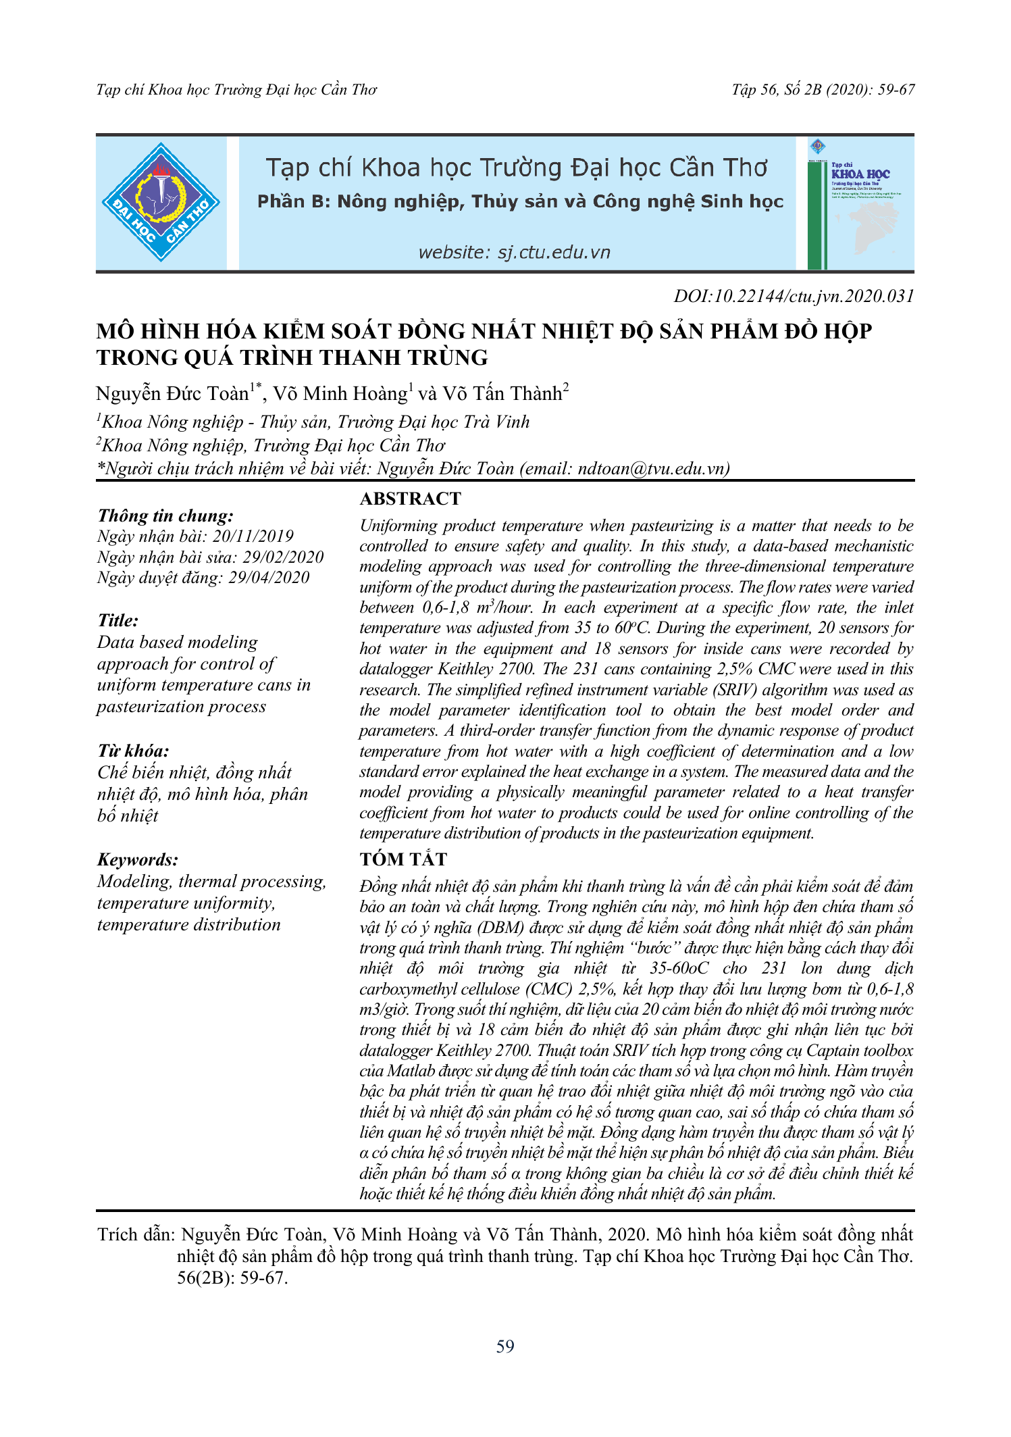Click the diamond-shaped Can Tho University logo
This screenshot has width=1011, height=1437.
click(x=161, y=202)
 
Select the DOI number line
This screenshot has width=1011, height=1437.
click(x=794, y=296)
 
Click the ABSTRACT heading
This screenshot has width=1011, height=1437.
click(x=410, y=499)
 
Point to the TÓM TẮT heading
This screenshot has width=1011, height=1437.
click(x=403, y=859)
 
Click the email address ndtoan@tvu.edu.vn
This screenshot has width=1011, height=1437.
click(x=651, y=468)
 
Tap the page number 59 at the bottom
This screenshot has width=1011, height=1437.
click(x=505, y=1346)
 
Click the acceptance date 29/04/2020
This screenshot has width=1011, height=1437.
click(x=269, y=578)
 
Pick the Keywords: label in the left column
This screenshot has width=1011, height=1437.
click(x=138, y=859)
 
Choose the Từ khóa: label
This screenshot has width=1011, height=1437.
click(x=133, y=751)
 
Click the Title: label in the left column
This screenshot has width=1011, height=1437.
click(x=118, y=620)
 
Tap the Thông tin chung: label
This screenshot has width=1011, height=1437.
click(x=165, y=515)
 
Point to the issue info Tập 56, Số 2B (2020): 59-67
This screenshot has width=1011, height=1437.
click(x=823, y=90)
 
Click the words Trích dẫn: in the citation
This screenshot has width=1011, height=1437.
click(x=136, y=1235)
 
